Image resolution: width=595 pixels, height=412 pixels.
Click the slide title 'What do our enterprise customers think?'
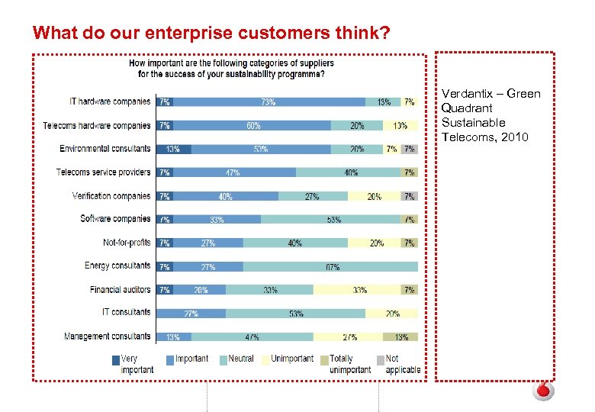211,33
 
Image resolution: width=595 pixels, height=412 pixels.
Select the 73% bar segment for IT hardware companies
269,101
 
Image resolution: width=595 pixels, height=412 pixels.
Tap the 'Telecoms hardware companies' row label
97,125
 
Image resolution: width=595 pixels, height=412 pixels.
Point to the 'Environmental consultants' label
105,149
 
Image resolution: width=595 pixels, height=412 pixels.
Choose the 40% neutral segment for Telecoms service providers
349,172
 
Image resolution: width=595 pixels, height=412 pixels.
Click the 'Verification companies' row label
111,196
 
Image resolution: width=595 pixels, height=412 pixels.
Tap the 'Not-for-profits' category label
127,243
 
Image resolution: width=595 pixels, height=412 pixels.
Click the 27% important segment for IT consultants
191,313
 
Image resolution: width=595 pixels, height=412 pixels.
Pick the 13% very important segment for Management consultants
173,336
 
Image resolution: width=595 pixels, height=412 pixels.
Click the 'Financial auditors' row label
120,290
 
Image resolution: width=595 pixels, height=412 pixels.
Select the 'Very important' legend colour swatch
115,359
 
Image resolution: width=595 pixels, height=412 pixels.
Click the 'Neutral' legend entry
240,359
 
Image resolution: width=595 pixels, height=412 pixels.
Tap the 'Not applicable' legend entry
402,364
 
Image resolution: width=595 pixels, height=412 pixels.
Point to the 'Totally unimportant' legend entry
349,364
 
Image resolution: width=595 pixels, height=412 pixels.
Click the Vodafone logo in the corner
542,391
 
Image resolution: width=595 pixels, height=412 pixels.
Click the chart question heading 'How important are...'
230,69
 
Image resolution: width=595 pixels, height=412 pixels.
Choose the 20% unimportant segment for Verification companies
375,196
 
